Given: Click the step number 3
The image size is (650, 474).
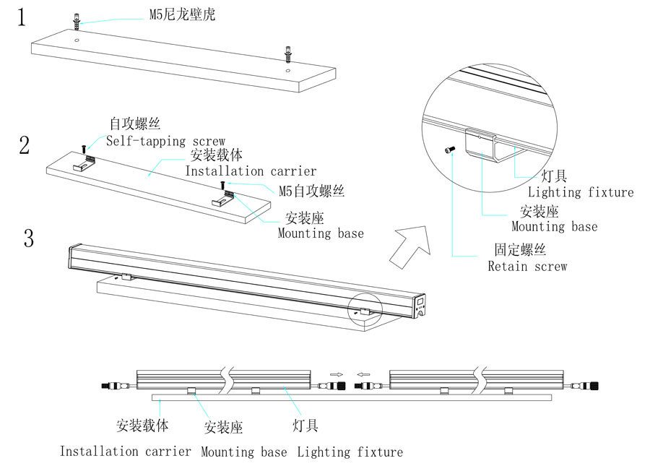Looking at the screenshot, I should pos(29,238).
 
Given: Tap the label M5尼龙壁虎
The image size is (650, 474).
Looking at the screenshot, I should pos(181,14).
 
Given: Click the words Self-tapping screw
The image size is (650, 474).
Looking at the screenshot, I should pos(166,141).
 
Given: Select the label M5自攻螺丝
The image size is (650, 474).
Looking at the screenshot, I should pos(311,191).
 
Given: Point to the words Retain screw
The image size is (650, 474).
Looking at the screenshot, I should pos(527,266).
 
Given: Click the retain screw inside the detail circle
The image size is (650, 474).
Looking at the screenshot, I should pos(450,149).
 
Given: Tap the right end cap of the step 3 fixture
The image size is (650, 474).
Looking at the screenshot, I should pos(420,306).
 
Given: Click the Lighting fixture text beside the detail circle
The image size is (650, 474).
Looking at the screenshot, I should pos(580,192).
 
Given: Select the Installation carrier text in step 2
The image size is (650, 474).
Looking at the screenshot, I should pos(251,171).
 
